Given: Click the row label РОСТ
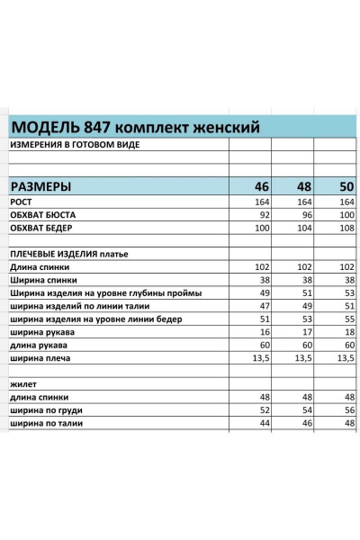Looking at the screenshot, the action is [x=22, y=202].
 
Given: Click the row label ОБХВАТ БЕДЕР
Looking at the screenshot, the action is [x=42, y=229].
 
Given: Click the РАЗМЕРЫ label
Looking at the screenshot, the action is [x=54, y=187].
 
